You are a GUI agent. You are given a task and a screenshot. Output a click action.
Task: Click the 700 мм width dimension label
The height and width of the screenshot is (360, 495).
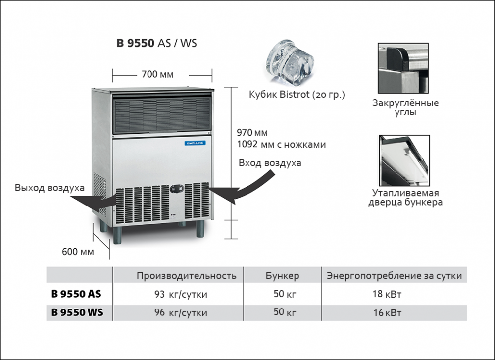tap(157, 75)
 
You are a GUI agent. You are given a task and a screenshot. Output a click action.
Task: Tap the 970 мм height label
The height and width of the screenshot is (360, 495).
tap(252, 133)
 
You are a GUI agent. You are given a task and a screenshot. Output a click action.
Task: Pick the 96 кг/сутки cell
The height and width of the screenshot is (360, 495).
tap(180, 313)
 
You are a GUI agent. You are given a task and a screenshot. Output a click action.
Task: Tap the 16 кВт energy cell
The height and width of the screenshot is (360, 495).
tap(387, 313)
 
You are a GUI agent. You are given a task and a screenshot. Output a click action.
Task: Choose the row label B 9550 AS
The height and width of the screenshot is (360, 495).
tap(76, 294)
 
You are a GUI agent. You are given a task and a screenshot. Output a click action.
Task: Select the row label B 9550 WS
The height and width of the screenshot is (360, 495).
tap(77, 313)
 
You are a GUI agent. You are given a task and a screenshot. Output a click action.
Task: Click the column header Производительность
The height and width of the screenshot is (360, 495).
tap(187, 276)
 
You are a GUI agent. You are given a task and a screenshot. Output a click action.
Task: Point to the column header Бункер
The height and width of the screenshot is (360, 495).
tap(282, 276)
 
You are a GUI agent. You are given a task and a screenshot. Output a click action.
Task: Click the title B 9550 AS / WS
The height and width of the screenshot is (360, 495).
tap(156, 43)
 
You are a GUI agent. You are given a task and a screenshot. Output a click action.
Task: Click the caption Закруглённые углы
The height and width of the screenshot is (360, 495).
tap(405, 107)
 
